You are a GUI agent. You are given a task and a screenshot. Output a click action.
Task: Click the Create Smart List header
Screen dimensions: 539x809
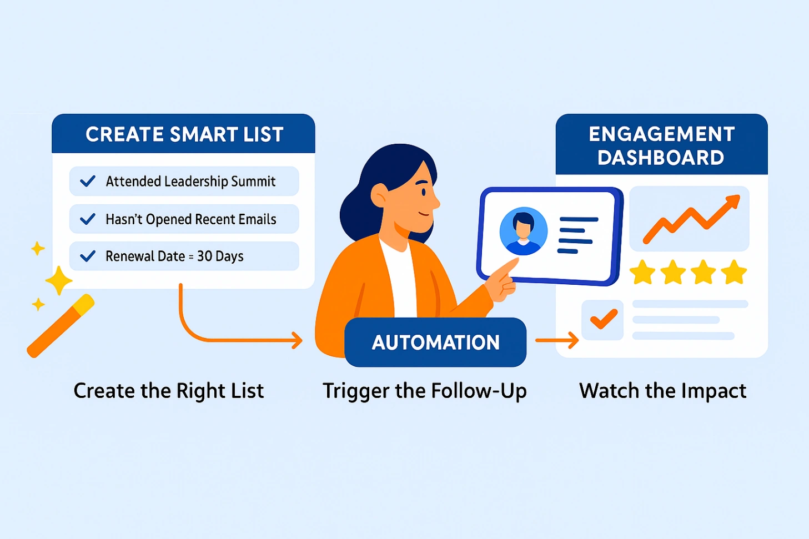tap(184, 134)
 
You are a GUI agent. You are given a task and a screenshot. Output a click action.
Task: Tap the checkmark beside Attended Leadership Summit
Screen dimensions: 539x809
tap(88, 182)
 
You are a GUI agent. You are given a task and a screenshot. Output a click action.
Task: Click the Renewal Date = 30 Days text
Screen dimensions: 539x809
tap(174, 256)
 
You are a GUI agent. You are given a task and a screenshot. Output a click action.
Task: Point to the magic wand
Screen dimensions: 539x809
tap(61, 326)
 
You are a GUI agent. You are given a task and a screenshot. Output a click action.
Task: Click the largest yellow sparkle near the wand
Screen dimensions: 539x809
tap(58, 280)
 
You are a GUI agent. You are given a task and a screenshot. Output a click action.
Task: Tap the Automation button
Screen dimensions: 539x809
tap(435, 342)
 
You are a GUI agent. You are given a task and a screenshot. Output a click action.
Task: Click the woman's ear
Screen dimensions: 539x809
tap(379, 195)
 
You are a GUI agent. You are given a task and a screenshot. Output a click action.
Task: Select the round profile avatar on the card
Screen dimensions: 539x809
tap(523, 231)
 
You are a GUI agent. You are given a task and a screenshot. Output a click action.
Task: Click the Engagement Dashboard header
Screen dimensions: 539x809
tap(661, 145)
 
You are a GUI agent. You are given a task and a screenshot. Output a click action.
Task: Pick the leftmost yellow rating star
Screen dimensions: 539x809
tap(643, 273)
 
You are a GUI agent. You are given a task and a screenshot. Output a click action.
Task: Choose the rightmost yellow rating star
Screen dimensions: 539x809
tap(734, 273)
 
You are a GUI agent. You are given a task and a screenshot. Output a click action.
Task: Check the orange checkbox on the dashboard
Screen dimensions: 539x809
tap(602, 320)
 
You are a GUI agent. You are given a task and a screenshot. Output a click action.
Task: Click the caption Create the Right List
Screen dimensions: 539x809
tap(169, 391)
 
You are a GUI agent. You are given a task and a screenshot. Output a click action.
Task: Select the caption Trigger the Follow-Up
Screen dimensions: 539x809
tap(425, 391)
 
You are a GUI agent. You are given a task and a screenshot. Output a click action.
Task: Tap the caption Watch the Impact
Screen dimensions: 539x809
tap(662, 391)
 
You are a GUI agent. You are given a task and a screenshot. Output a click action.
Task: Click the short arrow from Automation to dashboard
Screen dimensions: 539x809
tap(557, 340)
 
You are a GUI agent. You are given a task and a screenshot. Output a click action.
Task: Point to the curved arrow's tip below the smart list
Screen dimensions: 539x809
tap(298, 340)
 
